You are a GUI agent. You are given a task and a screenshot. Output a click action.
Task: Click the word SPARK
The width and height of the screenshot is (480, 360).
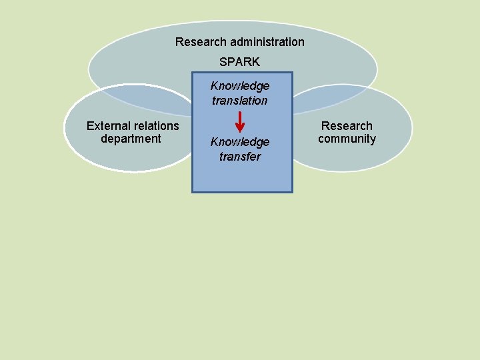coord(240,62)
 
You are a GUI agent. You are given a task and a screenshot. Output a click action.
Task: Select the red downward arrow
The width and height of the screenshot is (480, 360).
coord(240,123)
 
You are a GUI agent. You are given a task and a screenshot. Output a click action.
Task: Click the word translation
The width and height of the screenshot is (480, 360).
coord(240,101)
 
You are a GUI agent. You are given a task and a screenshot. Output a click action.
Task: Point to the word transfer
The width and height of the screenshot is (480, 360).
coord(240,157)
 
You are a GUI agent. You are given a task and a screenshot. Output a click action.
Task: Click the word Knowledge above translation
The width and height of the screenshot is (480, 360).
coord(240,86)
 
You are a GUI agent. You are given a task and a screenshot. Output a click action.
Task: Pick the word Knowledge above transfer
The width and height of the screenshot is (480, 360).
coord(240,142)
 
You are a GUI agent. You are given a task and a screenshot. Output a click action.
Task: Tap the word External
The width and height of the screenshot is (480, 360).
coord(109,126)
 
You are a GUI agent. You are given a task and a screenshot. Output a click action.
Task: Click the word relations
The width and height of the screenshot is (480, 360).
coord(157,126)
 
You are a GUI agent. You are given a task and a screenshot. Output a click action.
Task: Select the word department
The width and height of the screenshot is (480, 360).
coord(131,139)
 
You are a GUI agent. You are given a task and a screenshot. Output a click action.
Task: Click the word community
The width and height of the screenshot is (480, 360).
coord(347,139)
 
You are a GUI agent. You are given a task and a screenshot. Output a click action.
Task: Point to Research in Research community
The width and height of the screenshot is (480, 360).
coord(347,126)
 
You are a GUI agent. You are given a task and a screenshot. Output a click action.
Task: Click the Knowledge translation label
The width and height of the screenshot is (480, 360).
coord(240,93)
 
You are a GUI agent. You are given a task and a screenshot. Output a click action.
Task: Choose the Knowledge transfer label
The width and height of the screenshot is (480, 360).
coord(240,149)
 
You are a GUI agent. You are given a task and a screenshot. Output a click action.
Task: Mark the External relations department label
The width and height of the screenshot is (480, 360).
coord(133,132)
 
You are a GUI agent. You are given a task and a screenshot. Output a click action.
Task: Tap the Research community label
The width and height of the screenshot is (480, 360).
coord(347,132)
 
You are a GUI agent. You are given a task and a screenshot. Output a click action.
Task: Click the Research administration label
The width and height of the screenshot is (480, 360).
coord(240,42)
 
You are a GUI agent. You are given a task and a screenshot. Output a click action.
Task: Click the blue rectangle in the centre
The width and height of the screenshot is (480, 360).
coord(241,177)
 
